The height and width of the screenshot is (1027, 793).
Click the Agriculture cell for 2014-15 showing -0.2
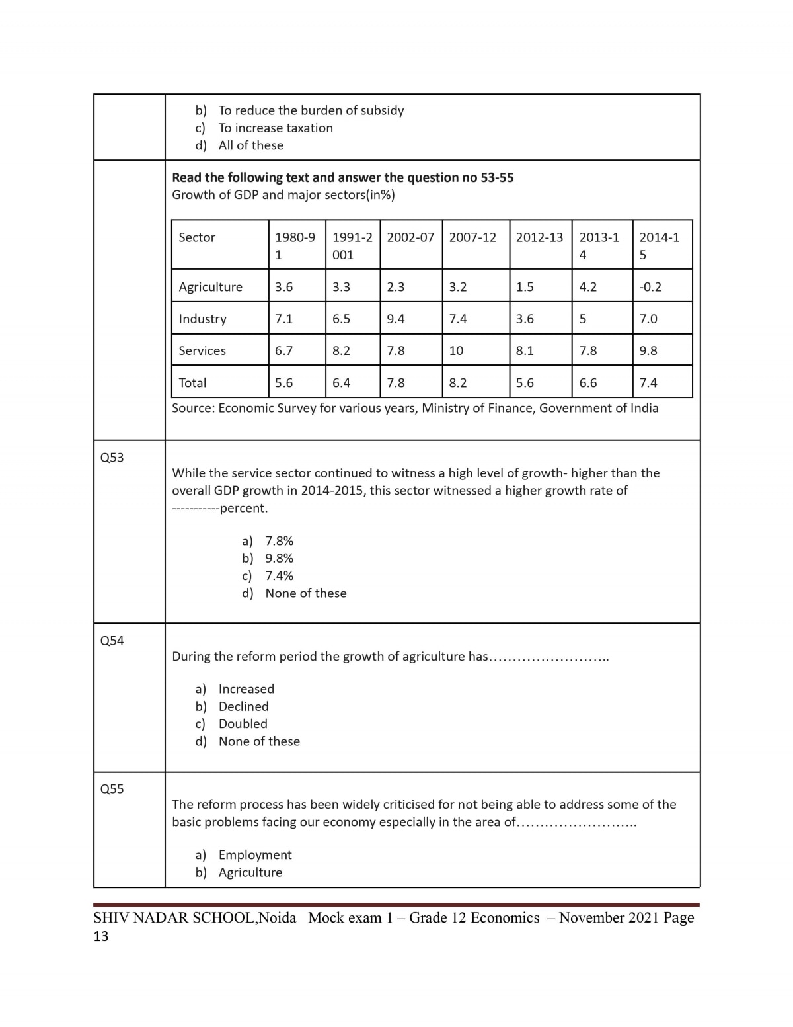click(650, 287)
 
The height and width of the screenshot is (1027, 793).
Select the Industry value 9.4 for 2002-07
click(396, 319)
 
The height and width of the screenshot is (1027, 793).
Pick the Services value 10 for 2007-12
click(456, 350)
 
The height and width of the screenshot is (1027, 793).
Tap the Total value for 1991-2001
click(341, 382)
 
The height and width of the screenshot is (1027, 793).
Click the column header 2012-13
click(539, 237)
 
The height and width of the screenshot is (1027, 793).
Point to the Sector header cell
click(197, 237)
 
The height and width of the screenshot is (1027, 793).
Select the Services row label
click(202, 350)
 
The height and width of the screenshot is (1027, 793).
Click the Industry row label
click(202, 319)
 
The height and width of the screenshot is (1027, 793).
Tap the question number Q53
click(112, 458)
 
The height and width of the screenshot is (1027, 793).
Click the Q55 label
click(112, 789)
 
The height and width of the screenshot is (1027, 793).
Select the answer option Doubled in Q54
click(243, 723)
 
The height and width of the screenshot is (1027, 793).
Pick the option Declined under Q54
click(243, 706)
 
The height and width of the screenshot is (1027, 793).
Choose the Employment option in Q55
click(254, 854)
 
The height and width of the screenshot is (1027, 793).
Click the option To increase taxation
click(276, 128)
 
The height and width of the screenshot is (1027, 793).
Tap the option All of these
click(250, 145)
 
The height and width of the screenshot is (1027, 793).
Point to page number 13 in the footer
click(101, 936)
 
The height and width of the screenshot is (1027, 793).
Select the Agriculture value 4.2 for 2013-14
click(587, 287)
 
